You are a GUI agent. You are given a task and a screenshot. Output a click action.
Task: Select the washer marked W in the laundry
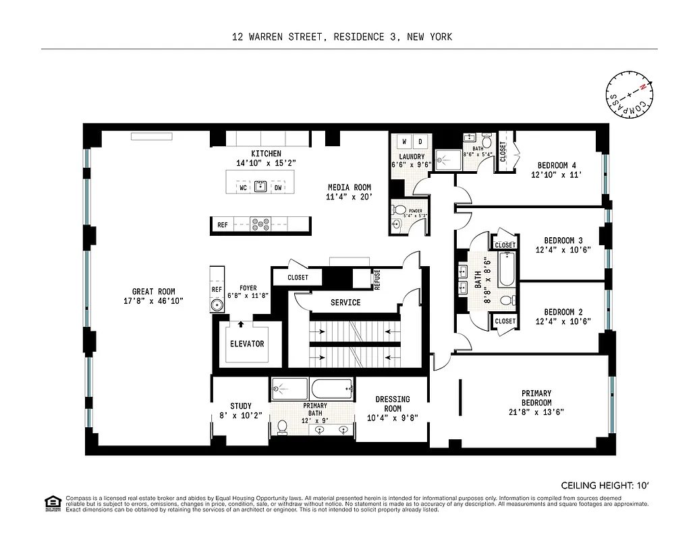point(403,141)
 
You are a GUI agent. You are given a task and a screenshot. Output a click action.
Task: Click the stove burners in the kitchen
point(260,225)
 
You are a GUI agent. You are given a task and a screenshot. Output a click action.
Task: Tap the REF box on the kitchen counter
point(222,225)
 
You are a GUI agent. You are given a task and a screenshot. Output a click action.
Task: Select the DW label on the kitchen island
point(278,188)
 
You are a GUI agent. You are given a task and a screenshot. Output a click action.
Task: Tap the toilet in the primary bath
point(282,426)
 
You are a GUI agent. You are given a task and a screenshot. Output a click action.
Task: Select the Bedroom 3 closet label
point(505,245)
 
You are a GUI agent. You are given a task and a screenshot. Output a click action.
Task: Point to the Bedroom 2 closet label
point(505,321)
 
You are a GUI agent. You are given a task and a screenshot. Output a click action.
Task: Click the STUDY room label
point(240,406)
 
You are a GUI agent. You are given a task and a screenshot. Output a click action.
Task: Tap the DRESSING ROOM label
point(392,404)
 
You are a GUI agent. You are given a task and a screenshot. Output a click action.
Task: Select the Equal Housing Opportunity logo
point(51,503)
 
